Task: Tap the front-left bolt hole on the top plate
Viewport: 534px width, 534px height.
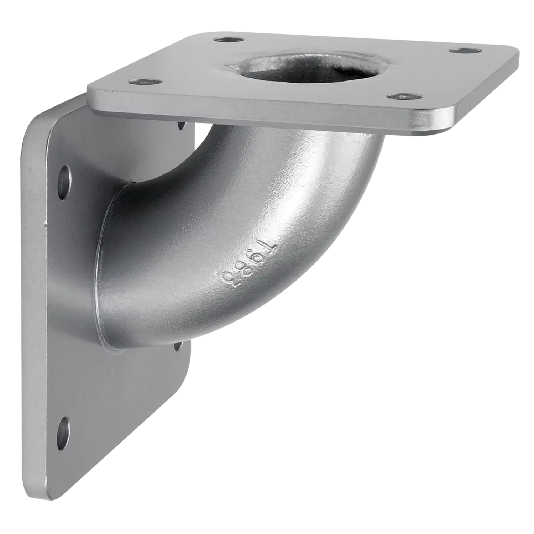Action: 142,82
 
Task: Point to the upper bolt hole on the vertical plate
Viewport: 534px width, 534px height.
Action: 64,180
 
